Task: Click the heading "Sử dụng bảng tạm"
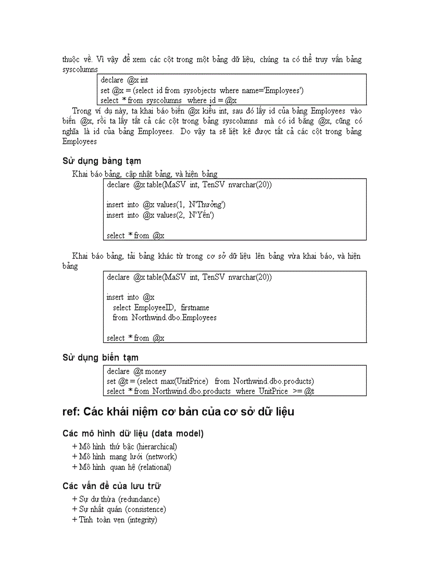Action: point(102,161)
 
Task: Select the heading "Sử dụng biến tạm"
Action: point(101,357)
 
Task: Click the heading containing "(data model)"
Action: point(133,433)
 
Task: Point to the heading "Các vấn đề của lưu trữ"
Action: point(111,486)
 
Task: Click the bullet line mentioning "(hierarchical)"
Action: point(125,446)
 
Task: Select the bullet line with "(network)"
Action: point(124,457)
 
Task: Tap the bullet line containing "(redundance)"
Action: point(116,499)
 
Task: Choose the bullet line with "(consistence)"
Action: point(119,509)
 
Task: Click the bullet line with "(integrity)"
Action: point(115,520)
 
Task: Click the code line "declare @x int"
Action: point(124,80)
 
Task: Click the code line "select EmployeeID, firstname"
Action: point(161,307)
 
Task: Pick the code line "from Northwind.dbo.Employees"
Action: point(165,317)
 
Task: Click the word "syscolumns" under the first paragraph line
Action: point(80,69)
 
